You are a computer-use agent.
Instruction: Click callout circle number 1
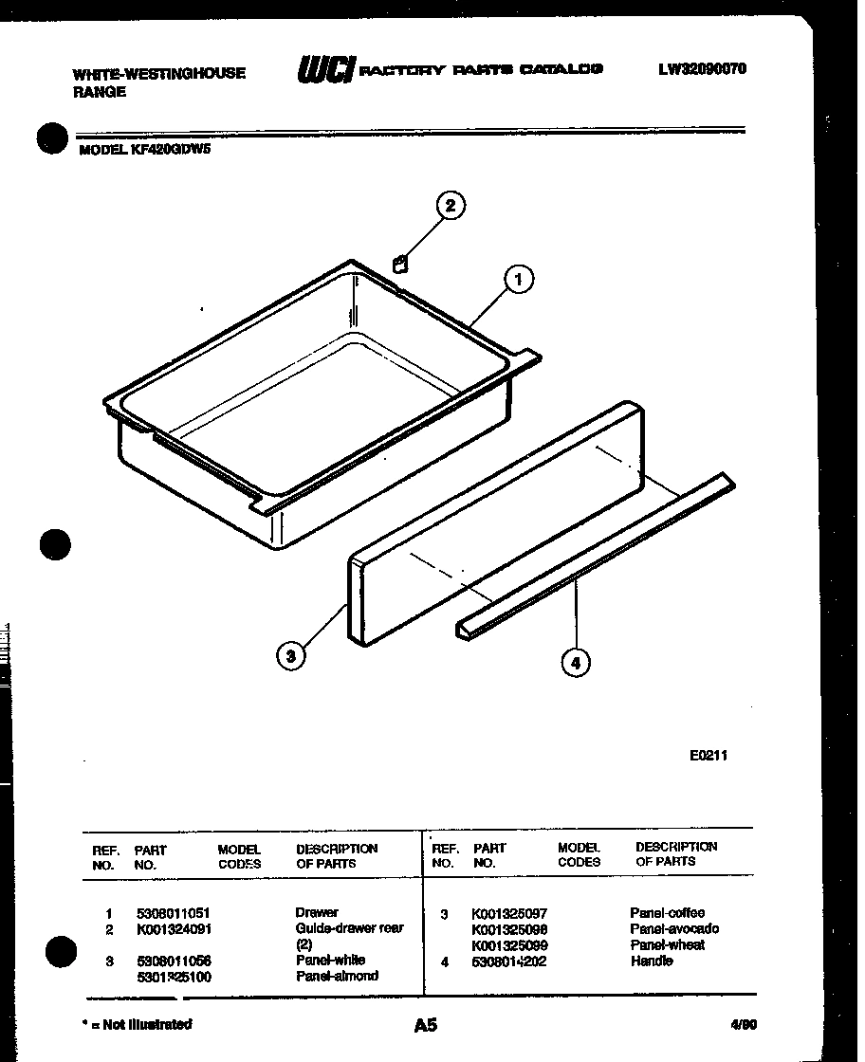coord(517,280)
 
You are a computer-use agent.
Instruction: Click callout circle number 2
coord(451,206)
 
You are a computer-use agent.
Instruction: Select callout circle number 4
coord(575,662)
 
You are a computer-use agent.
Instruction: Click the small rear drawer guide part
coord(400,264)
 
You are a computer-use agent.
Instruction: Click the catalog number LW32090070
coord(701,68)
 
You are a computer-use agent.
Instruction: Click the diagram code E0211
coord(708,756)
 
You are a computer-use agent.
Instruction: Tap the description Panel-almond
coord(337,976)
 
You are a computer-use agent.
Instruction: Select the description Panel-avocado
coord(674,928)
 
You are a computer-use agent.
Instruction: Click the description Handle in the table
coord(652,961)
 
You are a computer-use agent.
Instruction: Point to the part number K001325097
coord(509,913)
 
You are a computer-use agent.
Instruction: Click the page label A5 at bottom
coord(426,1025)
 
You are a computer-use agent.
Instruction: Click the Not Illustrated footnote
coord(138,1024)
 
